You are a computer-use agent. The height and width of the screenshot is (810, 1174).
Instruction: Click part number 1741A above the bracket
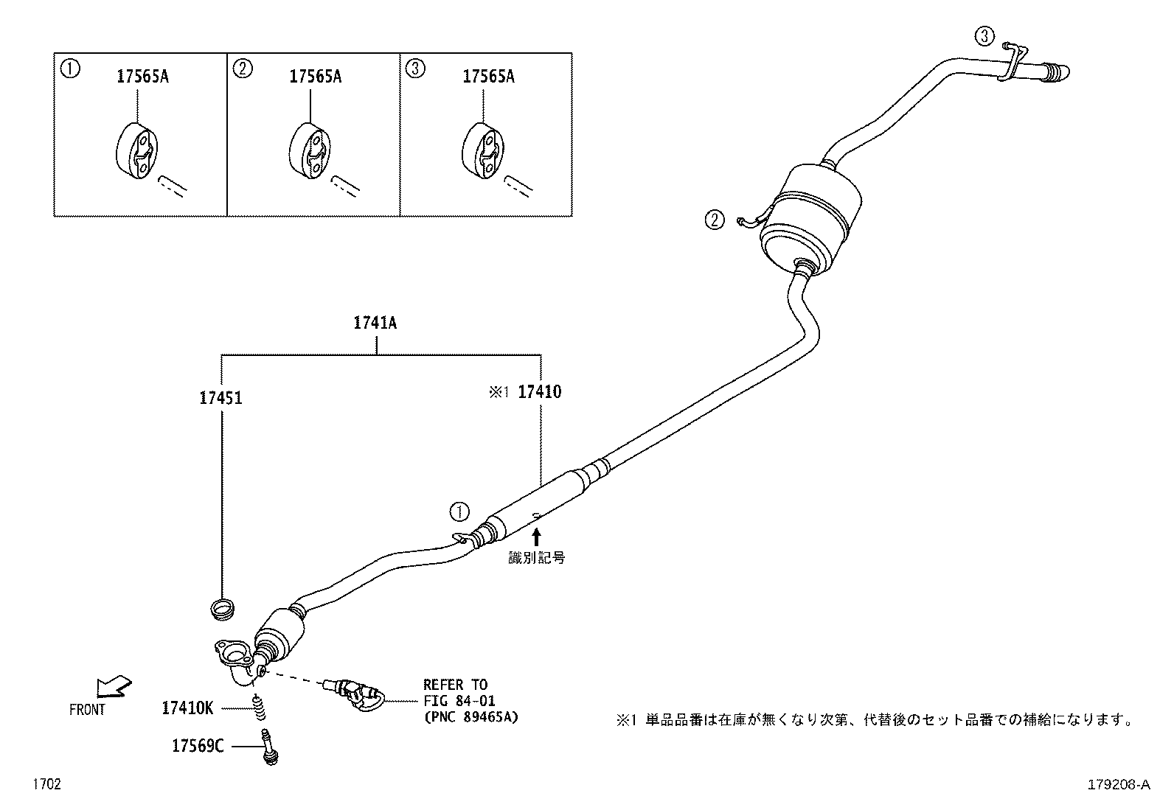click(375, 323)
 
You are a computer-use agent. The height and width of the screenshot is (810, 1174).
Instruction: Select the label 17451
click(220, 398)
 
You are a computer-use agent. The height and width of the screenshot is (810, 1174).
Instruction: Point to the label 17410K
click(187, 708)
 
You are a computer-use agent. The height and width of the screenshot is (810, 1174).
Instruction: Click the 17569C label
click(198, 746)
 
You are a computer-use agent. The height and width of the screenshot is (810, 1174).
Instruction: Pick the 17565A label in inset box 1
click(142, 76)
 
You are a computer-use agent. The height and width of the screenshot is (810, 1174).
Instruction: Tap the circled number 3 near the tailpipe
click(985, 35)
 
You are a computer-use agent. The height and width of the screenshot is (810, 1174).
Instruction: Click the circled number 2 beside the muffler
click(714, 220)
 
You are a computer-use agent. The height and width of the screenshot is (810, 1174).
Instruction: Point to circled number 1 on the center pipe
click(459, 510)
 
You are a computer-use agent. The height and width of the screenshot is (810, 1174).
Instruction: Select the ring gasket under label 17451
click(222, 609)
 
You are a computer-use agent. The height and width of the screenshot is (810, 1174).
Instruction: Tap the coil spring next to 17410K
click(259, 709)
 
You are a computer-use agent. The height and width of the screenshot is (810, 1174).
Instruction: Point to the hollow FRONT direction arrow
click(114, 686)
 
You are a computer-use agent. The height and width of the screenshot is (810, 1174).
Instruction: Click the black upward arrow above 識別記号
click(536, 536)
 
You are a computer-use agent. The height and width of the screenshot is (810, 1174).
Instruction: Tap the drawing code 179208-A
click(1118, 785)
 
